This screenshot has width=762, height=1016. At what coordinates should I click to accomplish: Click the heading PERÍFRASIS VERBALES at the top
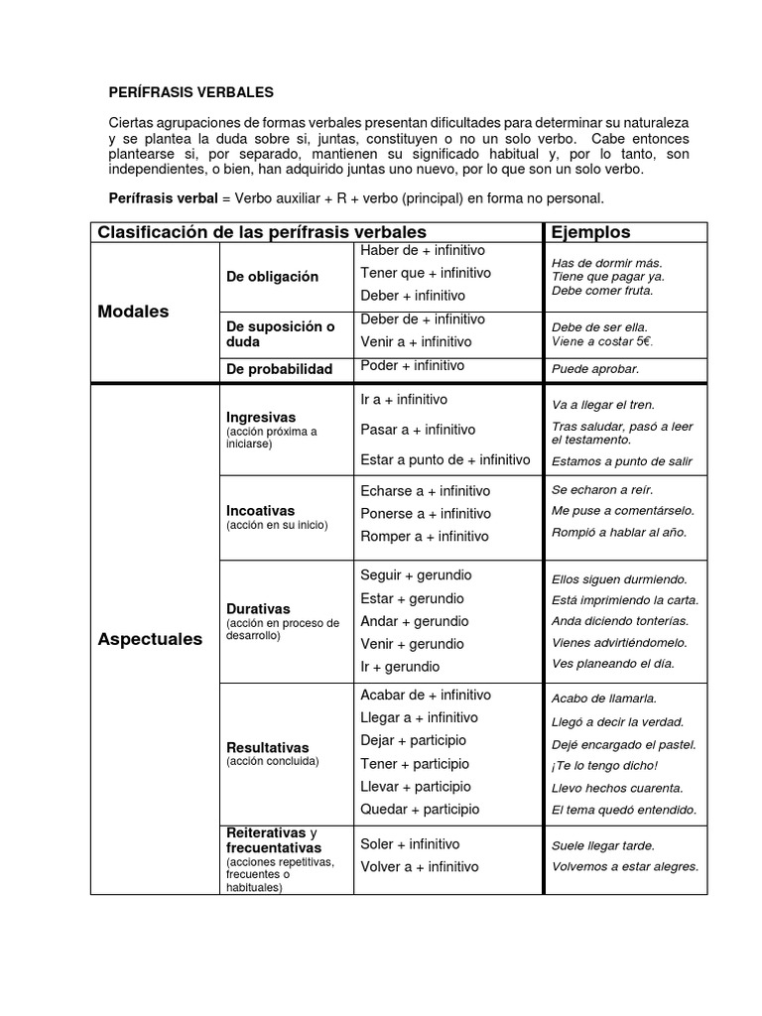coord(190,92)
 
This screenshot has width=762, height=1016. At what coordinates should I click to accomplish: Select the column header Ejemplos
coord(590,232)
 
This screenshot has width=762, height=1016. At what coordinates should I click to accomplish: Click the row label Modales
coord(133,312)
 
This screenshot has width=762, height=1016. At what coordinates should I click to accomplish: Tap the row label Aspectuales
coord(150,639)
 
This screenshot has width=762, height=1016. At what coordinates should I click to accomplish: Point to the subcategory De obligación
coord(272,277)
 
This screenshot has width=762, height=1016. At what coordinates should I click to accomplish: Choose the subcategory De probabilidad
coord(279,369)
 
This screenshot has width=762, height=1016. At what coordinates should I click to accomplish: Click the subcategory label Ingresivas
coord(261,418)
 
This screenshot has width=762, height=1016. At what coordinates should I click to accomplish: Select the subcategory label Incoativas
coord(260,511)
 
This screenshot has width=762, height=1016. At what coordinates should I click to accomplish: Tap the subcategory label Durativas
coord(258,609)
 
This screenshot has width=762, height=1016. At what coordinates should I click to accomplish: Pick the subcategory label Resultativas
coord(267,748)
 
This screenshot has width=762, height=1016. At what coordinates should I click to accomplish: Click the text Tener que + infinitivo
coord(426,273)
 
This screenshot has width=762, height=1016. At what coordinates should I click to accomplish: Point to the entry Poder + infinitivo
coord(412,365)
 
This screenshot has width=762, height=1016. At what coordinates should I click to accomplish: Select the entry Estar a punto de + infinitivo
coord(445,459)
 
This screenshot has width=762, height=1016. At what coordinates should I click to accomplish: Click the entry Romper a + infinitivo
coord(425,536)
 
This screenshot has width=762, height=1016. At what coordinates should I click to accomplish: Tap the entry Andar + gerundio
coord(414,621)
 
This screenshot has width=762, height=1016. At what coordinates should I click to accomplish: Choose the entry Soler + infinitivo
coord(410,844)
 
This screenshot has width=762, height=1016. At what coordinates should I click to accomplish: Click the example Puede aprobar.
coord(595,369)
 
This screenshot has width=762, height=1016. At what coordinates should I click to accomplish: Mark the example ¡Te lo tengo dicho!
coord(604,765)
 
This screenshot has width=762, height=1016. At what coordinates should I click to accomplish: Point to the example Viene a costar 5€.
coord(602,342)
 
